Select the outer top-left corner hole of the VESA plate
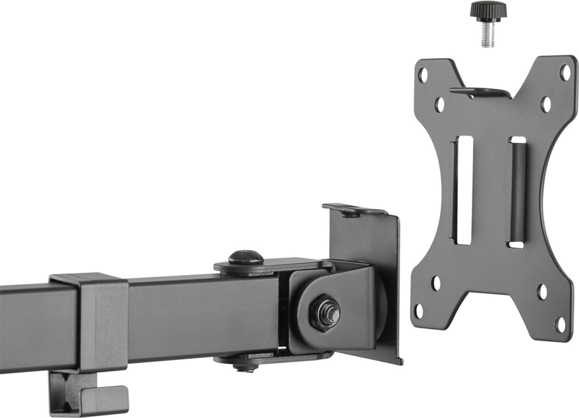click(423, 75)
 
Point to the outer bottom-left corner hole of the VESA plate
click(419, 311)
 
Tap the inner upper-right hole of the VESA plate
click(546, 104)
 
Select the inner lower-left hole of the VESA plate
click(436, 282)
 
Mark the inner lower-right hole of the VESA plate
click(542, 291)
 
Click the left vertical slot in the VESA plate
click(463, 190)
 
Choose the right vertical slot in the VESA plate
click(517, 192)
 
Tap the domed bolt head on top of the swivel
click(246, 257)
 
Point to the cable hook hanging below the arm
click(87, 394)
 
